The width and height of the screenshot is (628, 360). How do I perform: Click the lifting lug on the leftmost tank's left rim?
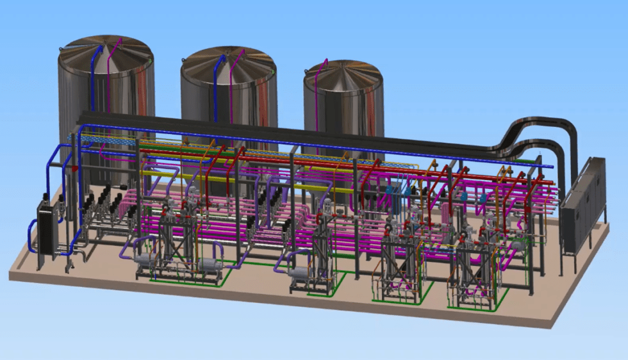coord(61,52)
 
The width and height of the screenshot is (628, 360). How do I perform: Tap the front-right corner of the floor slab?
coord(550,323)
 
